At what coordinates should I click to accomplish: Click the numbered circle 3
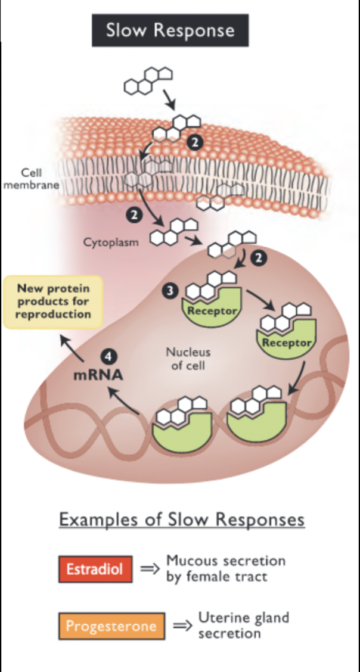coord(170,291)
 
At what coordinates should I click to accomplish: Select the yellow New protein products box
coord(53,302)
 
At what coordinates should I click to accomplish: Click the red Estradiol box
coord(95,568)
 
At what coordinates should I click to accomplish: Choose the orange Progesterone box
coord(111,626)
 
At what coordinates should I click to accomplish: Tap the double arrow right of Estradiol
coord(150,568)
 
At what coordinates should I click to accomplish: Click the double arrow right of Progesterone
coord(181,626)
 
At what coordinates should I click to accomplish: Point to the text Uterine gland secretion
coord(243,625)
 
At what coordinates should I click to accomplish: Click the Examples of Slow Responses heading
coord(182,519)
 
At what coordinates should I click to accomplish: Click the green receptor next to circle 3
coord(212,307)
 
